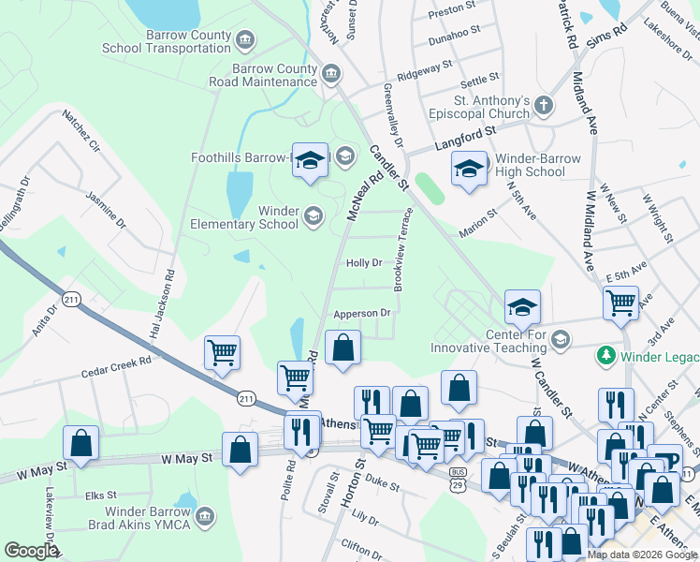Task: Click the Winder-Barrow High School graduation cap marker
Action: click(469, 170)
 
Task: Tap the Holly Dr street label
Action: click(364, 263)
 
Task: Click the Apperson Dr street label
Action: click(360, 313)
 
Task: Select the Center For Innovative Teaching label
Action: click(515, 342)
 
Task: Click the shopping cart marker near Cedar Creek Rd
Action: click(222, 353)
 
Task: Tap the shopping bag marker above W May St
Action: click(81, 442)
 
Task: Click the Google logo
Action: click(30, 551)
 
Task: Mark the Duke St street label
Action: click(382, 487)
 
